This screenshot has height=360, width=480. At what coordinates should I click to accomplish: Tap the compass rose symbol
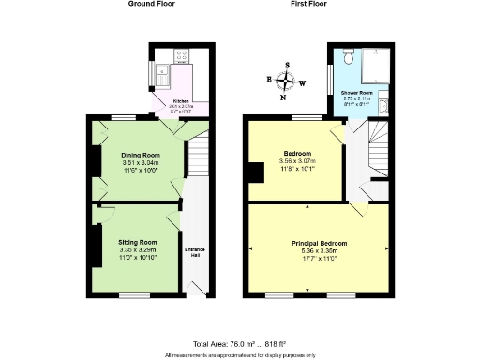click(x=287, y=81)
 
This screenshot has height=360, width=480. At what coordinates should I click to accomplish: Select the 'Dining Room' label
click(x=141, y=154)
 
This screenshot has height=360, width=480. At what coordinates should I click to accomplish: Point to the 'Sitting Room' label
click(x=137, y=241)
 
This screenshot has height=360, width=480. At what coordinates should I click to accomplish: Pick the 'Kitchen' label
click(x=180, y=100)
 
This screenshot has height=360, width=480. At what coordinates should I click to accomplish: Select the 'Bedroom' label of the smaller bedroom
click(x=297, y=153)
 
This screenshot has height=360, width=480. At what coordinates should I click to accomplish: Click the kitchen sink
click(x=163, y=71)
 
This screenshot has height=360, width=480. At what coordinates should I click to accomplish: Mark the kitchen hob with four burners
click(x=182, y=52)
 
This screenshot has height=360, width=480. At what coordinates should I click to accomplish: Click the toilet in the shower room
click(x=348, y=57)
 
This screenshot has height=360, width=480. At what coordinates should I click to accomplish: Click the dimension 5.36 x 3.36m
click(x=320, y=250)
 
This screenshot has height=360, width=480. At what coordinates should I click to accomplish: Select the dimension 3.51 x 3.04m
click(x=141, y=162)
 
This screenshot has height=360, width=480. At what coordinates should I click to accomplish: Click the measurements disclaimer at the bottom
click(x=239, y=355)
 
